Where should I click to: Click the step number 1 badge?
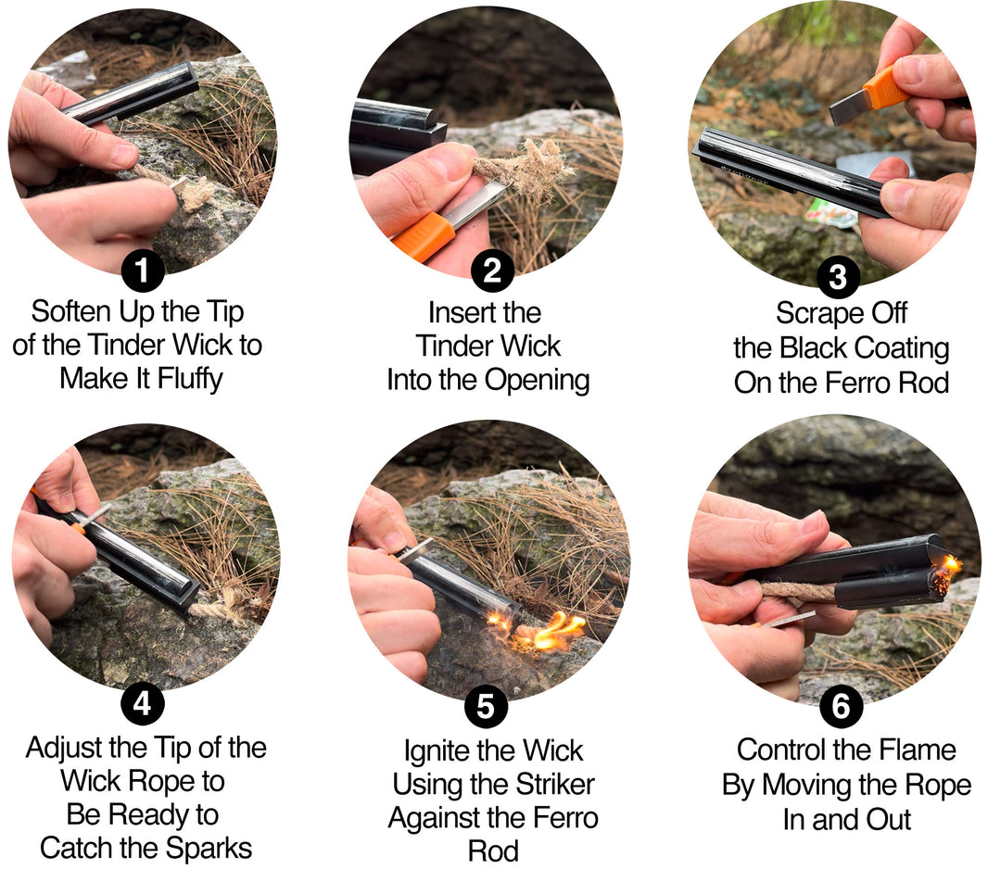[x=142, y=271]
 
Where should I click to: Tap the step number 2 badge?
[x=492, y=271]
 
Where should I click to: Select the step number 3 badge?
[x=837, y=275]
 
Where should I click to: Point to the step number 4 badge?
[x=142, y=705]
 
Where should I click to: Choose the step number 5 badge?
[x=486, y=708]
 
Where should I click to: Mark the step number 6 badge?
[x=841, y=707]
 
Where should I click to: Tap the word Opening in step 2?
[x=538, y=380]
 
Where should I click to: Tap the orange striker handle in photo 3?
[x=884, y=87]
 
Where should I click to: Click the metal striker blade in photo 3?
[x=847, y=109]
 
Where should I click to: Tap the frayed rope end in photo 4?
[x=227, y=609]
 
